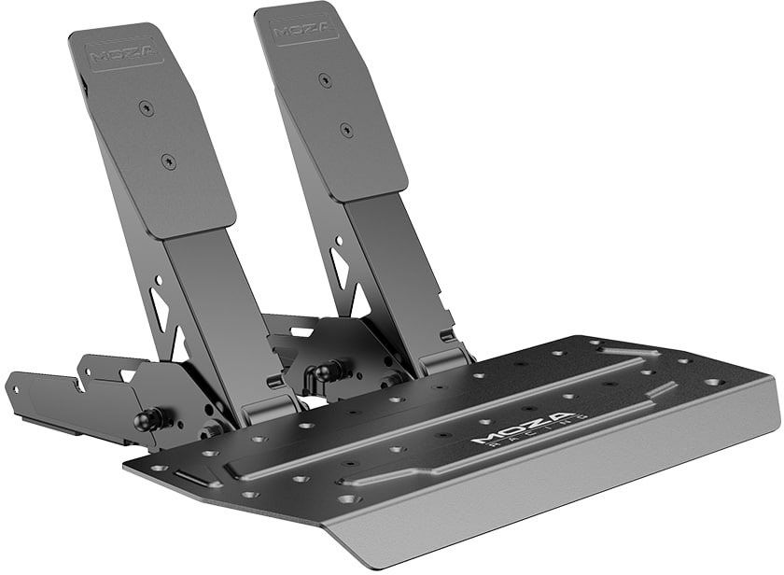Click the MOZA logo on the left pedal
(123, 53)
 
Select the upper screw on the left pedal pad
(144, 108)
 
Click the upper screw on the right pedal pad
(326, 81)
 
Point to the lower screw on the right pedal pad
(346, 128)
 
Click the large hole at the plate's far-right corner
(713, 382)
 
